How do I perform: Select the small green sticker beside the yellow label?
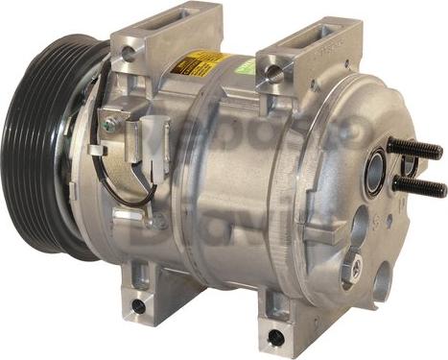[x=245, y=66]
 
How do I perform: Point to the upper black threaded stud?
[x=416, y=150]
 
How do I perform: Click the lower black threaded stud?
[x=420, y=186]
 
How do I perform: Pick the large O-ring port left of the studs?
[x=375, y=171]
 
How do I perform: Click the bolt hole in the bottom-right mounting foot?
[x=276, y=337]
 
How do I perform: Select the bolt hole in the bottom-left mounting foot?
[x=138, y=306]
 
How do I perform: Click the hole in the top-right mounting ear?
[x=275, y=72]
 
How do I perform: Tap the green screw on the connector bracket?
[x=110, y=124]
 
